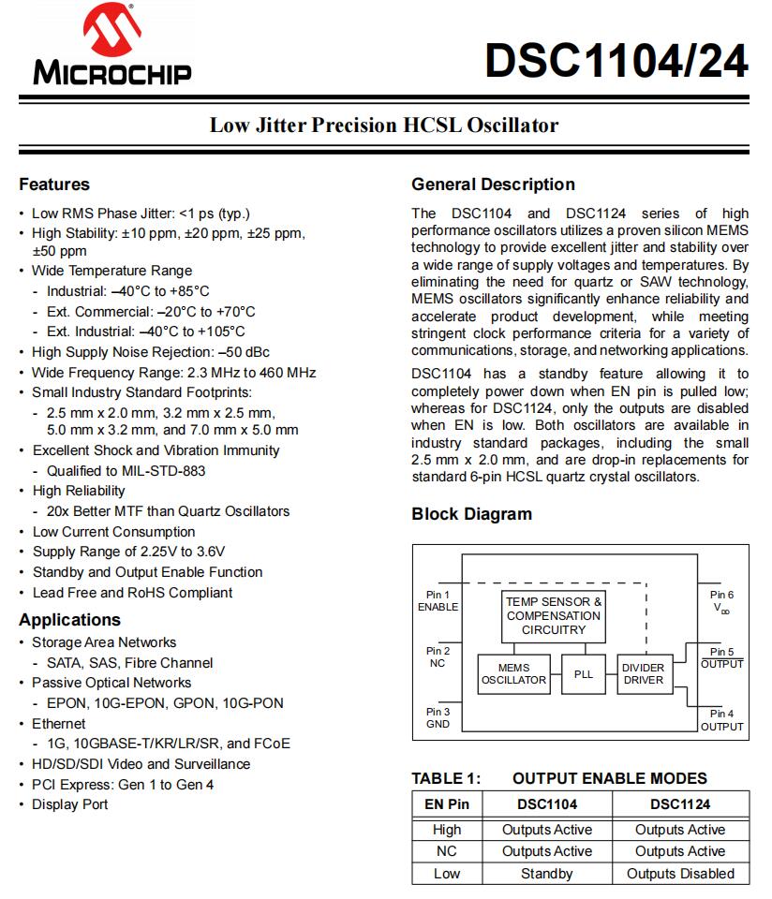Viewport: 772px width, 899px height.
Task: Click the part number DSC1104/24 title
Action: [x=616, y=62]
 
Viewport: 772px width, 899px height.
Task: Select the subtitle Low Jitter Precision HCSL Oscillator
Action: [x=384, y=125]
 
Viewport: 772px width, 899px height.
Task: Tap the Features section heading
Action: [x=54, y=184]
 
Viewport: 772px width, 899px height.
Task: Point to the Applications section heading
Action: [x=70, y=620]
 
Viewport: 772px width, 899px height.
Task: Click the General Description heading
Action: [x=493, y=184]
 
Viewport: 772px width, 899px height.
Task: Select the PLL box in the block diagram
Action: [x=584, y=673]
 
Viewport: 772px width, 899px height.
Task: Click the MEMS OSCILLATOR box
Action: [x=513, y=673]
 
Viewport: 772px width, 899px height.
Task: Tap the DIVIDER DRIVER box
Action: [x=644, y=673]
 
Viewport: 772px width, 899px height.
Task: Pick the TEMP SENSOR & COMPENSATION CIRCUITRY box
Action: [x=554, y=615]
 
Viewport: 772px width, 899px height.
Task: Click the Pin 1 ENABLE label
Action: [x=438, y=600]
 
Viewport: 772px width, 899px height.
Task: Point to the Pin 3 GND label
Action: [x=438, y=717]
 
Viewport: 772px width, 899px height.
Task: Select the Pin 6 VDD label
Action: [x=721, y=601]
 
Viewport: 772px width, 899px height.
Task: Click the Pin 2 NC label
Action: [x=438, y=656]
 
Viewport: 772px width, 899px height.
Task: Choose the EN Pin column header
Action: [x=447, y=803]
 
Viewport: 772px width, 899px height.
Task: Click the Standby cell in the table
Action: [x=547, y=874]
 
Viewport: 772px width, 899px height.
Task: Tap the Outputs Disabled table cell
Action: [x=680, y=874]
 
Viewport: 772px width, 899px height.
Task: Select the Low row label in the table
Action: [x=447, y=874]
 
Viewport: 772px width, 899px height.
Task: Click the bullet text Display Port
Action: [x=70, y=804]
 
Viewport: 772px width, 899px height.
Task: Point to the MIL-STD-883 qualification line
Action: [x=126, y=471]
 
